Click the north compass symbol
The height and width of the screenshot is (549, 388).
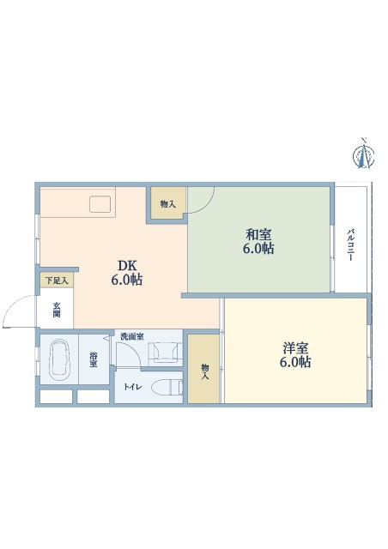(x=363, y=154)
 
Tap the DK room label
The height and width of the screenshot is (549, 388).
(x=127, y=266)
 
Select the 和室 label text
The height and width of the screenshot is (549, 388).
(x=258, y=234)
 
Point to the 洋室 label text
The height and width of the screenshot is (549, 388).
(x=295, y=348)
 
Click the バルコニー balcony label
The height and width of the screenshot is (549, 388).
(x=350, y=244)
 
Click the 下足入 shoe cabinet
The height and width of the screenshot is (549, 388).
(x=57, y=281)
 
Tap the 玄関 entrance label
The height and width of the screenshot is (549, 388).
(x=57, y=309)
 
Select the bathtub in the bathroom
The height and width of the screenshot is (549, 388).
(x=59, y=359)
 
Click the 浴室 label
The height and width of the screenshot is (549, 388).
(x=94, y=359)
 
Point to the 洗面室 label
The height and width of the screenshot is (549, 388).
(x=132, y=337)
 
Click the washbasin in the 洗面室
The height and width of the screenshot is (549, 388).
(x=165, y=351)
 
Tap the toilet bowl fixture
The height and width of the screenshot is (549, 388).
(x=167, y=387)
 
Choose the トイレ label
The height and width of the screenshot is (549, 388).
(x=132, y=387)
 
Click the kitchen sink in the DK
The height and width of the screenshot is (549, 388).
(x=100, y=204)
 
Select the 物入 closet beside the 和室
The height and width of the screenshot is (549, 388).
(x=168, y=203)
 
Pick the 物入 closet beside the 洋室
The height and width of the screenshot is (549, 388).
(x=203, y=369)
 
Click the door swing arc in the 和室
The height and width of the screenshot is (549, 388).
(x=207, y=206)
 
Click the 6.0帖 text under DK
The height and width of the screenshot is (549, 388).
(x=127, y=280)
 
